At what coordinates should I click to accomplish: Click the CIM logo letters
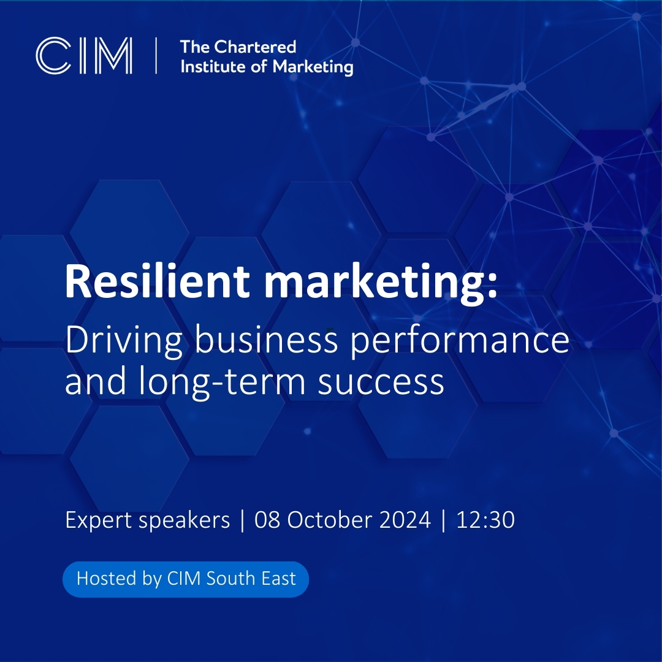[x=84, y=56]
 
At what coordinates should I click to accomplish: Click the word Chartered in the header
[x=255, y=47]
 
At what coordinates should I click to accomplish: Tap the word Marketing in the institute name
[x=313, y=67]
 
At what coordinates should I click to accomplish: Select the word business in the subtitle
[x=266, y=340]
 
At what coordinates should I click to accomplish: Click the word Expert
[x=98, y=520]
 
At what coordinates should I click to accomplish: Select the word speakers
[x=184, y=520]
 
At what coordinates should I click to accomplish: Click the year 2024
[x=405, y=520]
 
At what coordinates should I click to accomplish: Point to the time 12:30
[x=485, y=520]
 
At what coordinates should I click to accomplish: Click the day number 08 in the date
[x=267, y=520]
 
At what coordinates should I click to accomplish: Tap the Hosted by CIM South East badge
[x=186, y=579]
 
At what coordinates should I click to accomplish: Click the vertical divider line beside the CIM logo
[x=157, y=56]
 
